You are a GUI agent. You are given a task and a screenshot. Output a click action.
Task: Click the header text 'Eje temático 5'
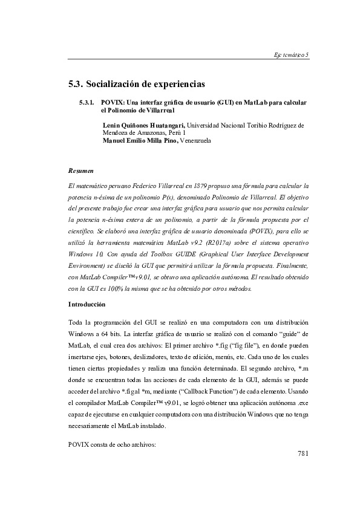pos(291,55)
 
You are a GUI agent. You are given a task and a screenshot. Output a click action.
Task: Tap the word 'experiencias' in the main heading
pos(177,82)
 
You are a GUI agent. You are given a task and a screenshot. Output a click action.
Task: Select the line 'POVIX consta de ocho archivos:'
pos(113,445)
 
